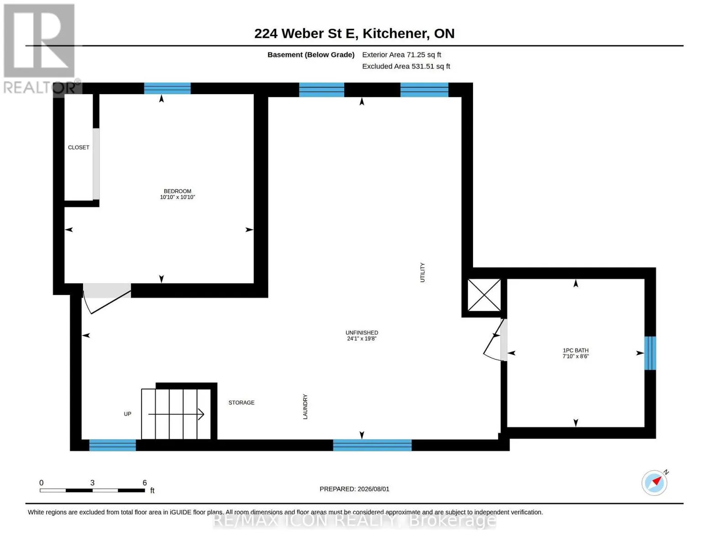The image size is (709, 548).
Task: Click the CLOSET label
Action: point(79,148)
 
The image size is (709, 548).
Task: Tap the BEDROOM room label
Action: point(178,191)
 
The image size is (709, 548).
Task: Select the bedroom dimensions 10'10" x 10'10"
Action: point(178,197)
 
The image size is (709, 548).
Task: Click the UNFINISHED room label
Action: point(362,333)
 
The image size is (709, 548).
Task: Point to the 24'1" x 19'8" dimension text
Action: point(362,339)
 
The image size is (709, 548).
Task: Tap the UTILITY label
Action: point(423,273)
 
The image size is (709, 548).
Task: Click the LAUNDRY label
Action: point(305,407)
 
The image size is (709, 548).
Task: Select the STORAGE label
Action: point(242,403)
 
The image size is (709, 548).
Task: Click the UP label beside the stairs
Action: point(127,414)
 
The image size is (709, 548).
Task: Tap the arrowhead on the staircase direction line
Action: point(201,415)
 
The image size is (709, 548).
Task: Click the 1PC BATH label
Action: point(576,351)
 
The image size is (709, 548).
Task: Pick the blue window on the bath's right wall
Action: point(650,353)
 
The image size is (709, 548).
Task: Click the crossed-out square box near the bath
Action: point(484,295)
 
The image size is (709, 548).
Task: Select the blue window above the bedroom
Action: point(168,89)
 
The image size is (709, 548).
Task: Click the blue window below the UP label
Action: point(113,445)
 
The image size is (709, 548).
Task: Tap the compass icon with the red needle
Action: point(655,483)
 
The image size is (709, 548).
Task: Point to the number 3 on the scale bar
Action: point(92,483)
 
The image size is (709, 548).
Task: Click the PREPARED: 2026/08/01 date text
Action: point(354,489)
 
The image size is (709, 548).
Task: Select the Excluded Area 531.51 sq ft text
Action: point(406,66)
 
